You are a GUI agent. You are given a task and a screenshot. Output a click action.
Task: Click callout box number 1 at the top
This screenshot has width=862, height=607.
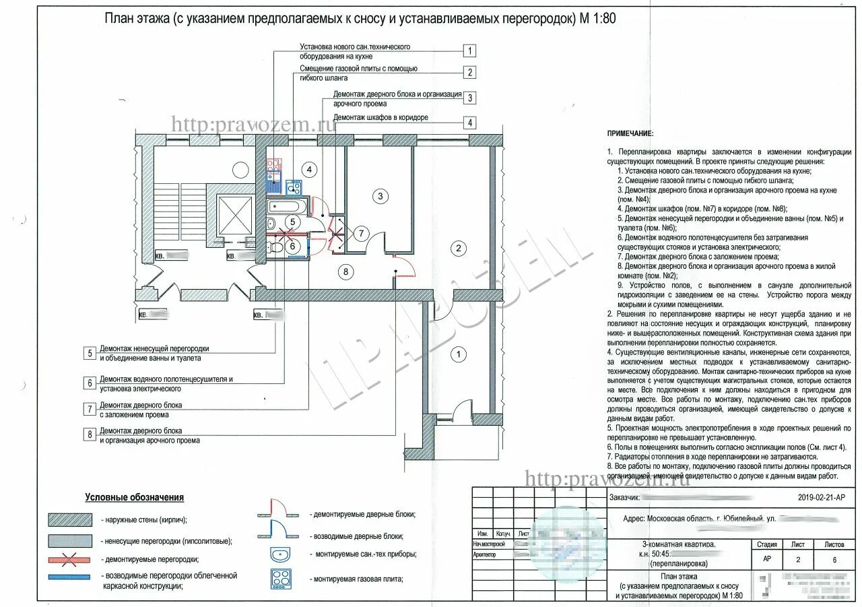tap(469, 51)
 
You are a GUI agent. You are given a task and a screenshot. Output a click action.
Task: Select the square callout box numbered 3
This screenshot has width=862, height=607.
tap(469, 98)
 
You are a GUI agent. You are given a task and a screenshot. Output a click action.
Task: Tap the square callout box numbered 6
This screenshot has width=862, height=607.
tap(89, 383)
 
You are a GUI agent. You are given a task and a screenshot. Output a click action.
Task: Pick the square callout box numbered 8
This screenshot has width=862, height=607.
tap(89, 435)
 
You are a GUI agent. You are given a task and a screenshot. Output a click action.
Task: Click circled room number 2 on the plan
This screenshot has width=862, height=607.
tap(459, 249)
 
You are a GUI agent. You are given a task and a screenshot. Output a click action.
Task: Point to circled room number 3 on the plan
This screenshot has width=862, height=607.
tap(380, 196)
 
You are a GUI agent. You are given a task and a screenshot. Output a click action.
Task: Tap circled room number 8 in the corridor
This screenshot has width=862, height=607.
tap(346, 272)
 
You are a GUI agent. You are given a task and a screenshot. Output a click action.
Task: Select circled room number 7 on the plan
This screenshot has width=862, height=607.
tap(360, 234)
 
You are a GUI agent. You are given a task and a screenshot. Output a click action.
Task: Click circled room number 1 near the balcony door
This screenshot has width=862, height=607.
tap(459, 354)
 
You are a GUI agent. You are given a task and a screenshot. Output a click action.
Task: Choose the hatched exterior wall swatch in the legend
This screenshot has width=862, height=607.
tap(70, 519)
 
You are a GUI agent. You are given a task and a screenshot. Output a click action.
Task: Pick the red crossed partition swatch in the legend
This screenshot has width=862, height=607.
tap(70, 559)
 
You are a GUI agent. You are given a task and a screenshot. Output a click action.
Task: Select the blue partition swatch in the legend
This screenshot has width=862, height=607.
tap(70, 577)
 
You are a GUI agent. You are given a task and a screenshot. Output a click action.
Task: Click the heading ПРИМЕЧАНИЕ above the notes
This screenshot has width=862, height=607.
tap(630, 135)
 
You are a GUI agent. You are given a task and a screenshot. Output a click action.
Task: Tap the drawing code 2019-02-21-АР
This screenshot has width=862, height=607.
tap(820, 499)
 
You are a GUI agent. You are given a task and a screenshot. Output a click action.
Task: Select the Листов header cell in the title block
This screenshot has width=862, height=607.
tap(833, 544)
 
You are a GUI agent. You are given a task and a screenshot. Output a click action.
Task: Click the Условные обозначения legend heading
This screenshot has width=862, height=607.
tap(134, 497)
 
